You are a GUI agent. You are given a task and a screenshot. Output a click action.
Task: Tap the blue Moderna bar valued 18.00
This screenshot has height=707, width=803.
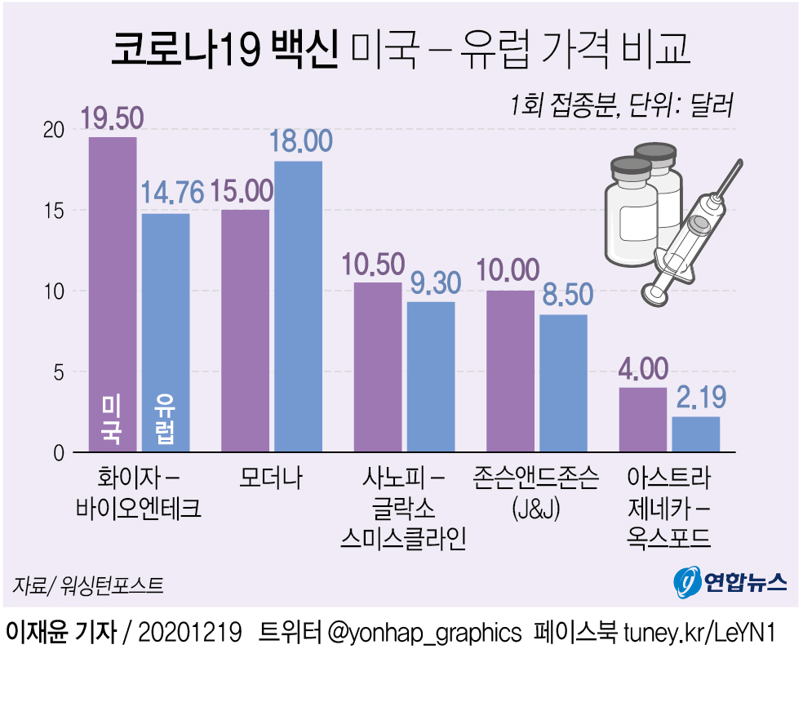tap(298, 306)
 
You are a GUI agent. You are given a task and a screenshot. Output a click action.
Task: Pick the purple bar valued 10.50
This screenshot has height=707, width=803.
tap(377, 367)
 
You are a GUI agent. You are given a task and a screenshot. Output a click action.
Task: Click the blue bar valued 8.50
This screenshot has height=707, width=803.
tap(563, 383)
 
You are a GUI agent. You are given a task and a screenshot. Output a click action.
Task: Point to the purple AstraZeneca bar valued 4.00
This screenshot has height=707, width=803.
tap(643, 420)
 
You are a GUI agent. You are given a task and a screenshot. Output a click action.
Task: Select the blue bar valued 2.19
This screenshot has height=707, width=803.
tap(695, 434)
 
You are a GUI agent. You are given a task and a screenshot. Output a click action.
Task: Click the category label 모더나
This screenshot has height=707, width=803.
tap(272, 478)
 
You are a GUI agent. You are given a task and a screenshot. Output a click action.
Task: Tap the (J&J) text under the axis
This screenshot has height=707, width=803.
tap(535, 509)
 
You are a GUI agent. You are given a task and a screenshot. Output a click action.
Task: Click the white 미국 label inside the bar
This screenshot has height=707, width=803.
tap(113, 420)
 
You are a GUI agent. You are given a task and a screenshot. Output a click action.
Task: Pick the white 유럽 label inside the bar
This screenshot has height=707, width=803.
tap(166, 420)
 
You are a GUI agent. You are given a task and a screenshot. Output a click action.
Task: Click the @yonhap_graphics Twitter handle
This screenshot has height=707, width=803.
tap(424, 633)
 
